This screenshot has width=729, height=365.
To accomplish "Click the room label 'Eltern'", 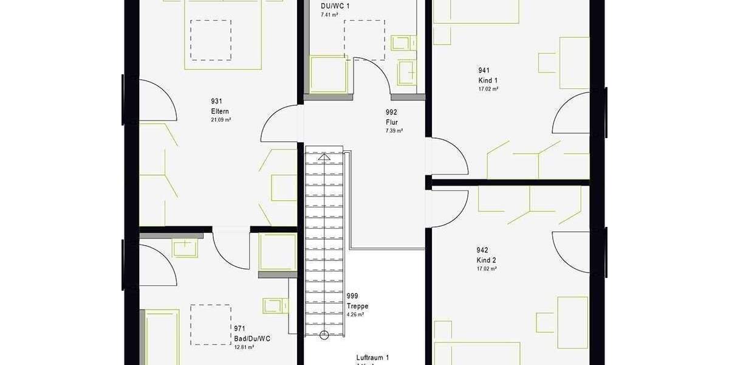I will [219, 111].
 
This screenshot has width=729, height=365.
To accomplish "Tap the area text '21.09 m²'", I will [221, 120].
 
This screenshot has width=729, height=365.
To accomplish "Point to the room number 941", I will [484, 70].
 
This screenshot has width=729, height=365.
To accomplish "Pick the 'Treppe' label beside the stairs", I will [357, 306].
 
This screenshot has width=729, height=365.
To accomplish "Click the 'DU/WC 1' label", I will [335, 6].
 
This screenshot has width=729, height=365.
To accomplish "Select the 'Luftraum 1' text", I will [372, 358].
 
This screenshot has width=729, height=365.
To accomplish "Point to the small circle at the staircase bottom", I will [324, 334].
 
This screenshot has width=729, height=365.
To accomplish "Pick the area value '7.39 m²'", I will [394, 131].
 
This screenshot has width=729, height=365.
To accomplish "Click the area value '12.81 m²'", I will [244, 347].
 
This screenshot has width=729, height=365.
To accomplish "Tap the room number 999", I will [352, 296].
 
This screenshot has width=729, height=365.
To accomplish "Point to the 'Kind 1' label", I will [488, 80].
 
